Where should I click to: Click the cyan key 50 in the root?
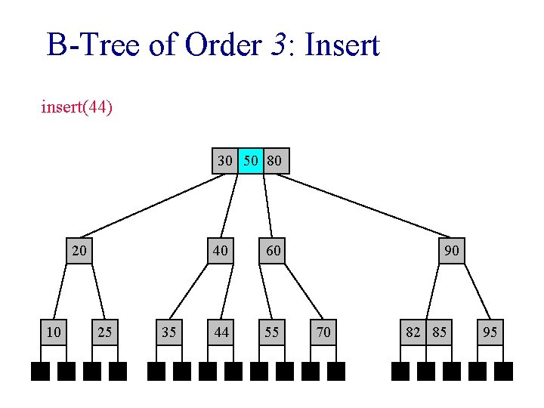(251, 161)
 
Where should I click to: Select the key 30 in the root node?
(225, 161)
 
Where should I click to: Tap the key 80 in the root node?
(276, 161)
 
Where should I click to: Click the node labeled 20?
(79, 250)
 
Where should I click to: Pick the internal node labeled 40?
(221, 250)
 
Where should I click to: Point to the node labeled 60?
(273, 250)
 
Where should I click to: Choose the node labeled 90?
(452, 250)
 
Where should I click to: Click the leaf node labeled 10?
(53, 331)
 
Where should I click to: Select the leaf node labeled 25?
(105, 331)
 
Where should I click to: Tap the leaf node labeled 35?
(169, 331)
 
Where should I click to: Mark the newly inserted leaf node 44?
(221, 331)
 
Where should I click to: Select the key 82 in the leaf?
(413, 331)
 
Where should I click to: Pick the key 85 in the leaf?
(439, 331)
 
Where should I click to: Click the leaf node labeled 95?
(490, 331)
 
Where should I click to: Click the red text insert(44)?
(77, 107)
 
